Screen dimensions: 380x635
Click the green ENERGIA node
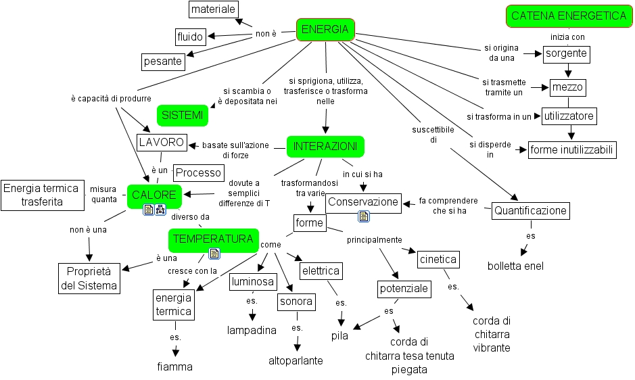tap(325, 29)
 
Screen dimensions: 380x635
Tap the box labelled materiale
tap(213, 9)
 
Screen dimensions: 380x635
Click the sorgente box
tap(566, 54)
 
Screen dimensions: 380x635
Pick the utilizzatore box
tap(569, 116)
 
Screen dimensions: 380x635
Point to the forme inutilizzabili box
tap(571, 150)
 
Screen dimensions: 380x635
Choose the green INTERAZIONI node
tap(325, 146)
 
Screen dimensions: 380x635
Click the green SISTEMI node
tap(182, 116)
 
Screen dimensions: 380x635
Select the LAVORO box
tap(161, 142)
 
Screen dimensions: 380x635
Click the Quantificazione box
tap(530, 211)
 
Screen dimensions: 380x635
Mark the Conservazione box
tap(363, 201)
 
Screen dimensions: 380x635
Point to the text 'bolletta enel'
tap(515, 266)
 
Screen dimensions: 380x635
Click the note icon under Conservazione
tap(364, 216)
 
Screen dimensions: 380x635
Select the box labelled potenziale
tap(404, 289)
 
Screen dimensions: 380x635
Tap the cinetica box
tap(438, 259)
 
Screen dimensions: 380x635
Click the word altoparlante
tap(296, 360)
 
